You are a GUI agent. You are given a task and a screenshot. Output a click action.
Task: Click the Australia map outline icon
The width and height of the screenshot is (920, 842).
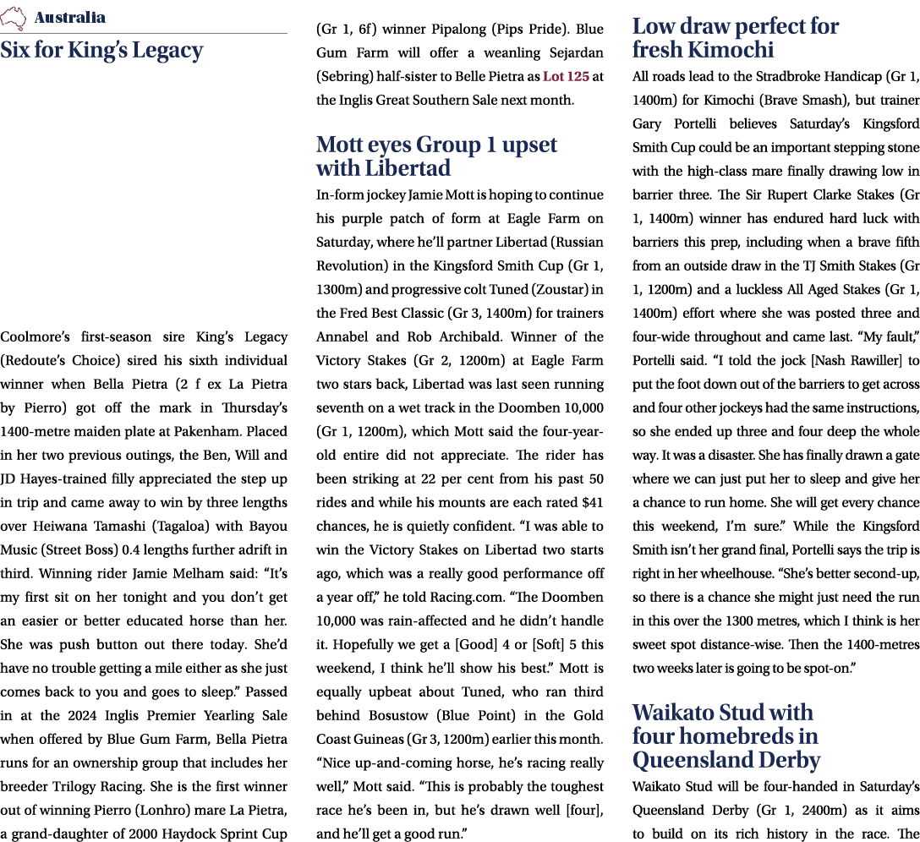click(x=14, y=17)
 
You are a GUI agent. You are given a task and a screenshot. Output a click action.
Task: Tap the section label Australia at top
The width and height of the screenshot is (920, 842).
click(x=70, y=18)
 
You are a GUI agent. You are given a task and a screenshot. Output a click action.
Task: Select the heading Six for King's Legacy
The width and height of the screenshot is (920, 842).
click(x=101, y=51)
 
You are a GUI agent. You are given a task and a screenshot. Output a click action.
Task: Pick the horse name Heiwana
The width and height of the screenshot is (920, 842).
click(x=60, y=502)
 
